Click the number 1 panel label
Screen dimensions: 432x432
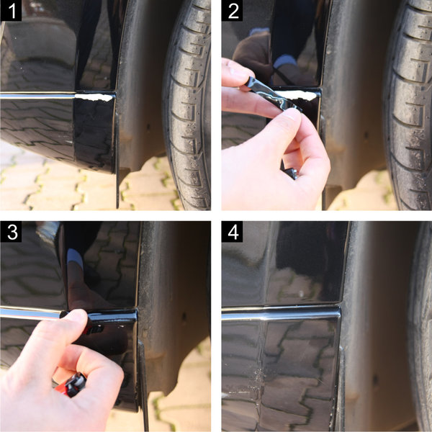(11, 11)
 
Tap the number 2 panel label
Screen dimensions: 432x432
(233, 11)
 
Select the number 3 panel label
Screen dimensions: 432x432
(11, 232)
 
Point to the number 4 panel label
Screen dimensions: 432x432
(233, 232)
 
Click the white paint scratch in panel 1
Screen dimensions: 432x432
(94, 97)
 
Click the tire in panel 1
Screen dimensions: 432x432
(187, 104)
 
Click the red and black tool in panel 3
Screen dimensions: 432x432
(72, 384)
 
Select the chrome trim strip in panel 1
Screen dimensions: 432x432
(37, 95)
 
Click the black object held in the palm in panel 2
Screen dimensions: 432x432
(290, 173)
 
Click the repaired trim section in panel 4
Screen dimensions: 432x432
(281, 313)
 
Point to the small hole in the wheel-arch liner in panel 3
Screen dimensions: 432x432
(184, 315)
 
